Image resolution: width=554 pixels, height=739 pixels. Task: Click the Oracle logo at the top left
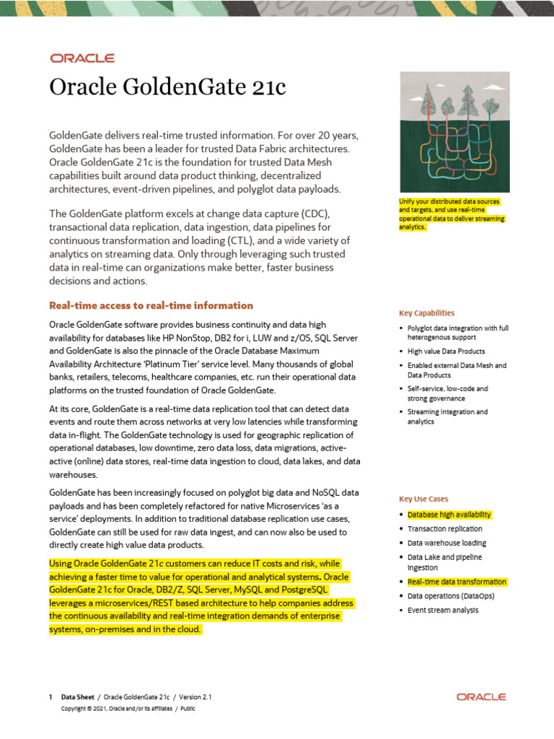click(82, 58)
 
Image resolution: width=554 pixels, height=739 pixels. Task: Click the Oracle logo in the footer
click(481, 697)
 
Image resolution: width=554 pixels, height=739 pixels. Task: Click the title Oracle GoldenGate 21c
click(167, 87)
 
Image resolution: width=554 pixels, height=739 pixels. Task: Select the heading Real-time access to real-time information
click(151, 305)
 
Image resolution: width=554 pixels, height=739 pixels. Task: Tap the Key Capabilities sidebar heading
click(426, 313)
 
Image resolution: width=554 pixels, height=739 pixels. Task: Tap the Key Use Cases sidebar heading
click(423, 499)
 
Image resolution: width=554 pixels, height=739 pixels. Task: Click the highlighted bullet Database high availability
click(449, 515)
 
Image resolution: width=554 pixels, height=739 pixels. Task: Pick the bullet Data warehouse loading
click(447, 543)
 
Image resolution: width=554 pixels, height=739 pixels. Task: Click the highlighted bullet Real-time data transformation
click(457, 582)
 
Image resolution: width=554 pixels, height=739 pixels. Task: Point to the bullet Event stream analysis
click(442, 611)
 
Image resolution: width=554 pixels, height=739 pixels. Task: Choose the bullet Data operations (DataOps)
click(451, 596)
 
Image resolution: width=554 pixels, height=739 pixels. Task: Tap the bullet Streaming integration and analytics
click(447, 416)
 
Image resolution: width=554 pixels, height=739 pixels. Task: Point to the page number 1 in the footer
click(50, 697)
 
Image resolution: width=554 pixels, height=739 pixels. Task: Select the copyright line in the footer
click(128, 709)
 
